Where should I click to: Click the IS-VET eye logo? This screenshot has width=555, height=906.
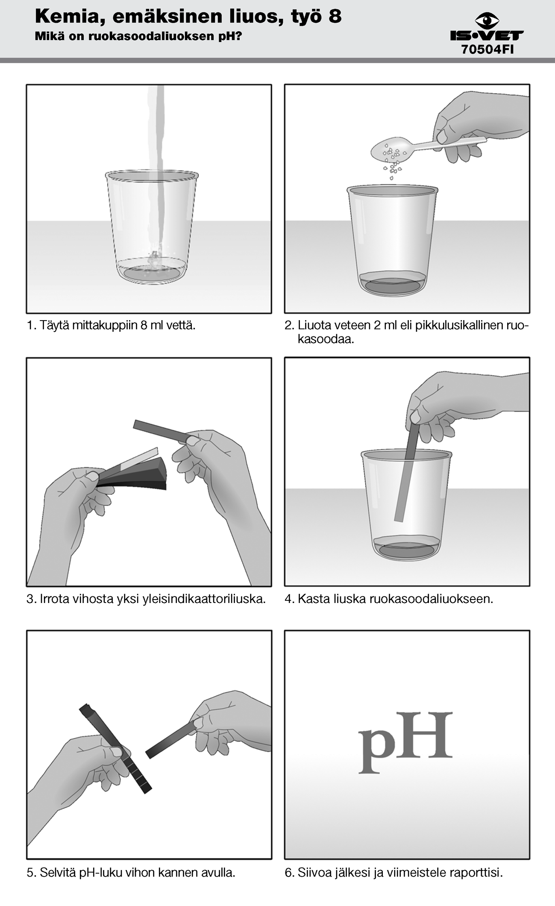click(487, 21)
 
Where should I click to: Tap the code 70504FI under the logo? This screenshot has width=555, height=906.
click(487, 50)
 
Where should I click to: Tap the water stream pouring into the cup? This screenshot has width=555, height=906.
click(158, 171)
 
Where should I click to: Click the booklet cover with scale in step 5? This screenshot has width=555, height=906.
click(115, 748)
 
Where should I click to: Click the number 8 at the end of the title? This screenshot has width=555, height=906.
click(335, 17)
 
